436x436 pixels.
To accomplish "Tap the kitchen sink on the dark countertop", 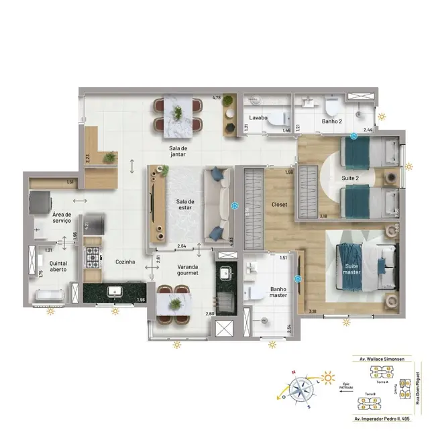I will pyautogui.click(x=115, y=292).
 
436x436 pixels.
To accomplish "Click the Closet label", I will pyautogui.click(x=280, y=205).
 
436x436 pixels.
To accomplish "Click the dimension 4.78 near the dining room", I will pyautogui.click(x=217, y=98).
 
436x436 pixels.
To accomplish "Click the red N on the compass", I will pyautogui.click(x=292, y=374).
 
